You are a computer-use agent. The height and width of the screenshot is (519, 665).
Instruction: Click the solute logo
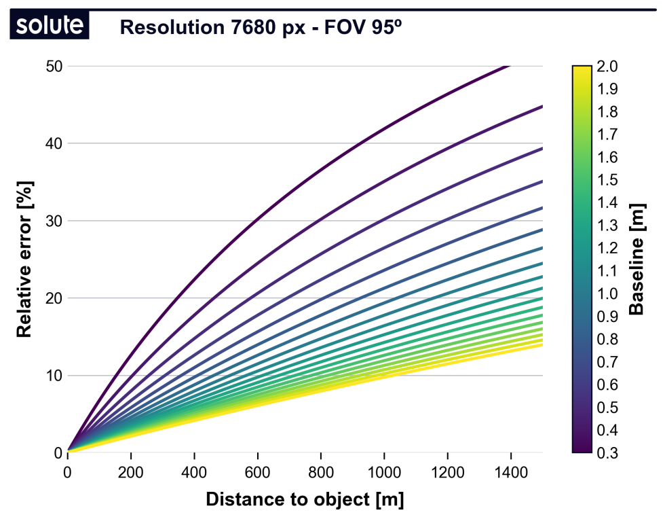[x=50, y=26]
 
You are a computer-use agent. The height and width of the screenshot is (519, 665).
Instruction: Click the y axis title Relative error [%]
[x=24, y=259]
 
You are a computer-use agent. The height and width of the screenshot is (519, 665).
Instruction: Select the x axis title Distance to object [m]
[x=305, y=500]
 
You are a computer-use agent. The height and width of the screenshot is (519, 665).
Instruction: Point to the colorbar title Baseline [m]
[x=636, y=259]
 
